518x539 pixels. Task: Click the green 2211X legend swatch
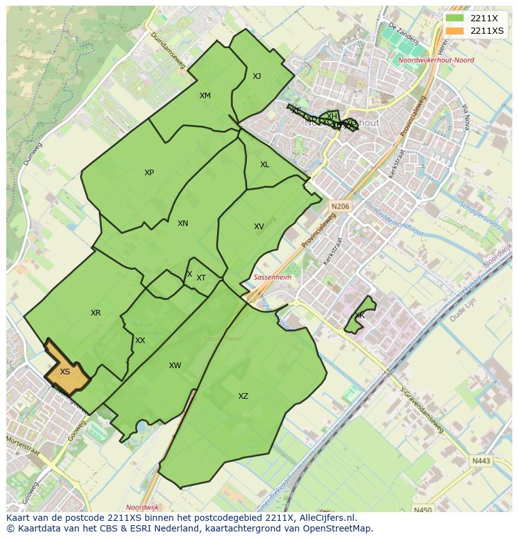[455, 18]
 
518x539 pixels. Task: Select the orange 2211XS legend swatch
[455, 31]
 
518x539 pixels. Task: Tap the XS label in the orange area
[65, 372]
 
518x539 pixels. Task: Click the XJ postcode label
[256, 76]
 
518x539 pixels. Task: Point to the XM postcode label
[205, 96]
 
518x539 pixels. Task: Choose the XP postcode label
[149, 173]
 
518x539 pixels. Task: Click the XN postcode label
[183, 223]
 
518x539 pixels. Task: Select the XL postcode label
[265, 165]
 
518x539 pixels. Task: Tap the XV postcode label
[259, 227]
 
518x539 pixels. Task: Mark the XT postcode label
[201, 278]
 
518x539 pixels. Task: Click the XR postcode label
[96, 313]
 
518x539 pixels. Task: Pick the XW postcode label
[175, 366]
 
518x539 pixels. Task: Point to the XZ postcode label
[243, 396]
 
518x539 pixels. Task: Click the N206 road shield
[340, 206]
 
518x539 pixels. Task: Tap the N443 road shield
[481, 461]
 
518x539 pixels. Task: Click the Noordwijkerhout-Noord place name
[435, 61]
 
